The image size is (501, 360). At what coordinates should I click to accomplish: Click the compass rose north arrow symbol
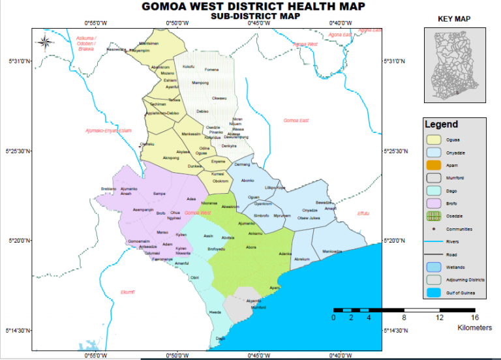click(x=45, y=43)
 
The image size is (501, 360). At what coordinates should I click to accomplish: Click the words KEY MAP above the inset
click(x=454, y=20)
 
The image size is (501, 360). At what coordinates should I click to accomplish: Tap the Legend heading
click(x=441, y=125)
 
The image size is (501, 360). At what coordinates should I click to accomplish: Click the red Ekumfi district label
click(x=129, y=292)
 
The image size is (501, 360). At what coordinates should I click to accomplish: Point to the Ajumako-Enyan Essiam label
click(x=108, y=131)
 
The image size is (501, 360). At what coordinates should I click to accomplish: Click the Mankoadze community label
click(x=332, y=251)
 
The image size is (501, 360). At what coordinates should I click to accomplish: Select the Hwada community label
click(x=215, y=312)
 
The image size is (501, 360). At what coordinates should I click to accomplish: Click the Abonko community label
click(x=248, y=181)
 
